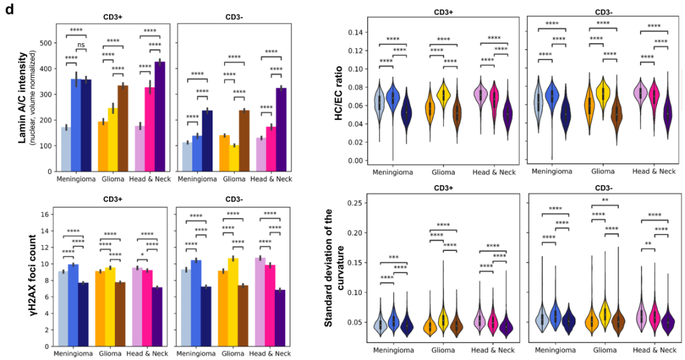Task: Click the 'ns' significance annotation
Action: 81,45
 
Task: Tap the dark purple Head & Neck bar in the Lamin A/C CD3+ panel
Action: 160,117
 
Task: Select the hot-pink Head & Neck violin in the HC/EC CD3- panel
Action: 653,101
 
